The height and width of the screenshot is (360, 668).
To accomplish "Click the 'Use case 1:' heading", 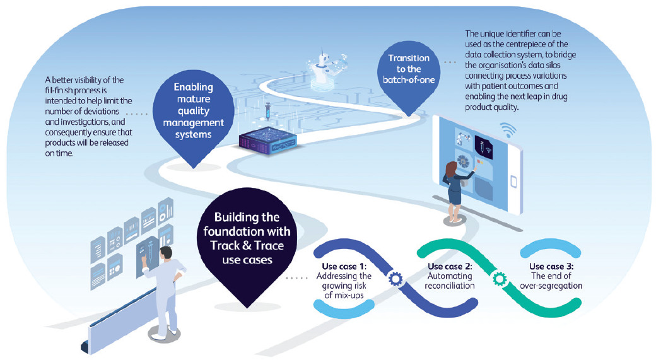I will coord(344,266).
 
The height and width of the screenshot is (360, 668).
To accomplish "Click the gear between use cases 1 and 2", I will coord(397,277).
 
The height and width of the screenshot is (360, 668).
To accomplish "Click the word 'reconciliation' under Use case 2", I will coord(450,286).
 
